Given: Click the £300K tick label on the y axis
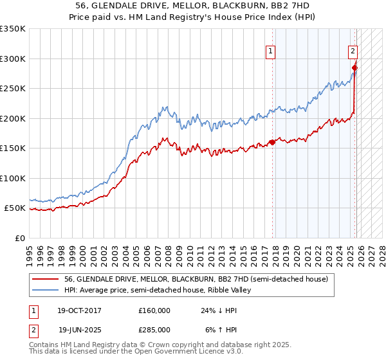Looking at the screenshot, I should pos(13,59).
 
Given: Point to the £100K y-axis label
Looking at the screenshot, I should pos(13,178).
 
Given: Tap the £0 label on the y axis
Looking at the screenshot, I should pos(19,238).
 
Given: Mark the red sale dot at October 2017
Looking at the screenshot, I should pos(272,142).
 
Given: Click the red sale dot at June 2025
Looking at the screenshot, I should pos(354,67).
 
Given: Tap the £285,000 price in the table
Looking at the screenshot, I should pos(154,329).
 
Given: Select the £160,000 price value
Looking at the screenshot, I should pos(154,310).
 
